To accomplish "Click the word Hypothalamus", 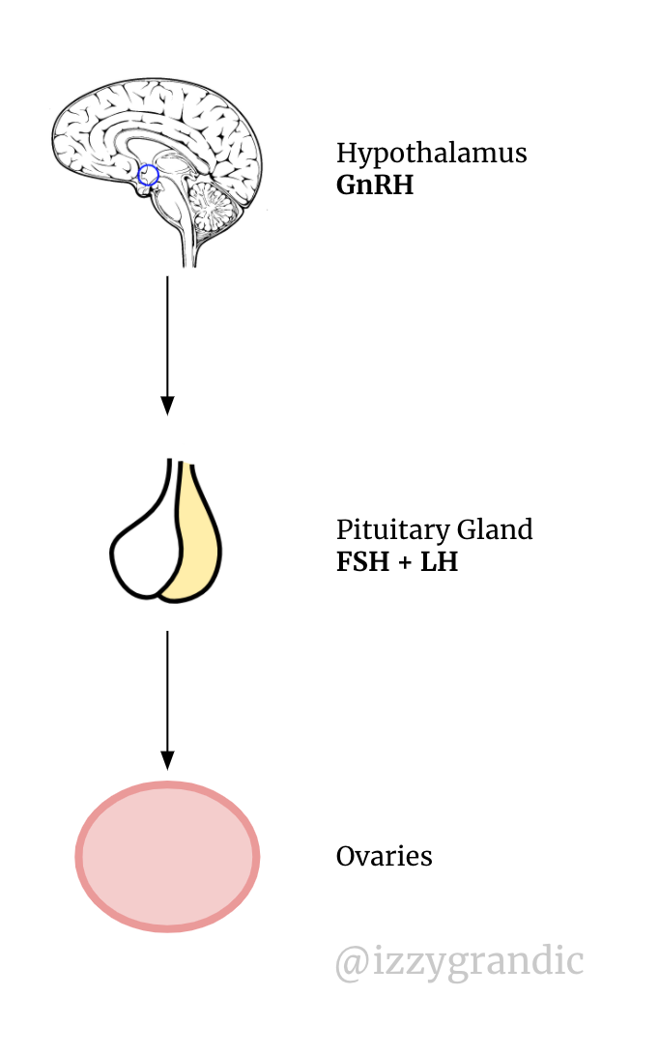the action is [431, 154].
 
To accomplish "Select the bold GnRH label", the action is [375, 185].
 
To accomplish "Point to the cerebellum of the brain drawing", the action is [212, 206].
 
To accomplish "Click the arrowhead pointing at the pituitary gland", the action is [167, 406].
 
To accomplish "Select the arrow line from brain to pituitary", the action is [167, 345].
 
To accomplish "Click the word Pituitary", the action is [393, 530].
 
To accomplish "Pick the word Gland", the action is [495, 529].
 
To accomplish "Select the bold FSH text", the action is [362, 561].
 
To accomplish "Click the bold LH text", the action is [440, 561].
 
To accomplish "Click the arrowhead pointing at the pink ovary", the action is [167, 760].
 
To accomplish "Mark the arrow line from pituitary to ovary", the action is [167, 700].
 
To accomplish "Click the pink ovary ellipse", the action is [167, 856].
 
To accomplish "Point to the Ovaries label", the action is [385, 856].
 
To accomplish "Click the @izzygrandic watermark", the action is [460, 961].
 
